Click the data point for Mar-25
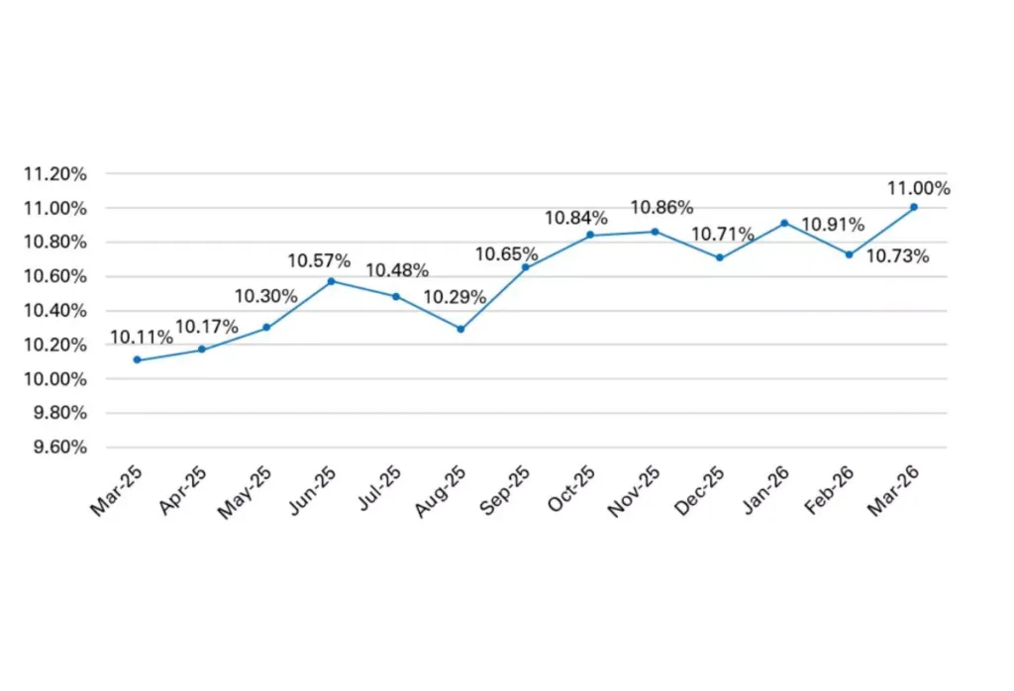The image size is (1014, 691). pos(137,360)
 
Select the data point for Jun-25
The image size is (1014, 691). pos(331,281)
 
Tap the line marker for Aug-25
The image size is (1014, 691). pos(460,329)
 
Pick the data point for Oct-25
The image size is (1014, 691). pos(590,235)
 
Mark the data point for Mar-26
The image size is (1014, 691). pos(913,207)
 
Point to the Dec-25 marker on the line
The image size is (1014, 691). pos(719,257)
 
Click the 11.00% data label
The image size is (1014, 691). pos(919,188)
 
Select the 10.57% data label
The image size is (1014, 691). pos(319,261)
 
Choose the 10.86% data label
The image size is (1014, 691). pos(661,208)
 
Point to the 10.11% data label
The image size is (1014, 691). pos(141,338)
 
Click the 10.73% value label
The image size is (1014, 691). pos(897,256)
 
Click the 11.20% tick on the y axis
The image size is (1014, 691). pos(55,174)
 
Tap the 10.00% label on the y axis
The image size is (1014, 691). pos(55,379)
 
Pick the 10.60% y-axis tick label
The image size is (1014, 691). pos(55,276)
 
